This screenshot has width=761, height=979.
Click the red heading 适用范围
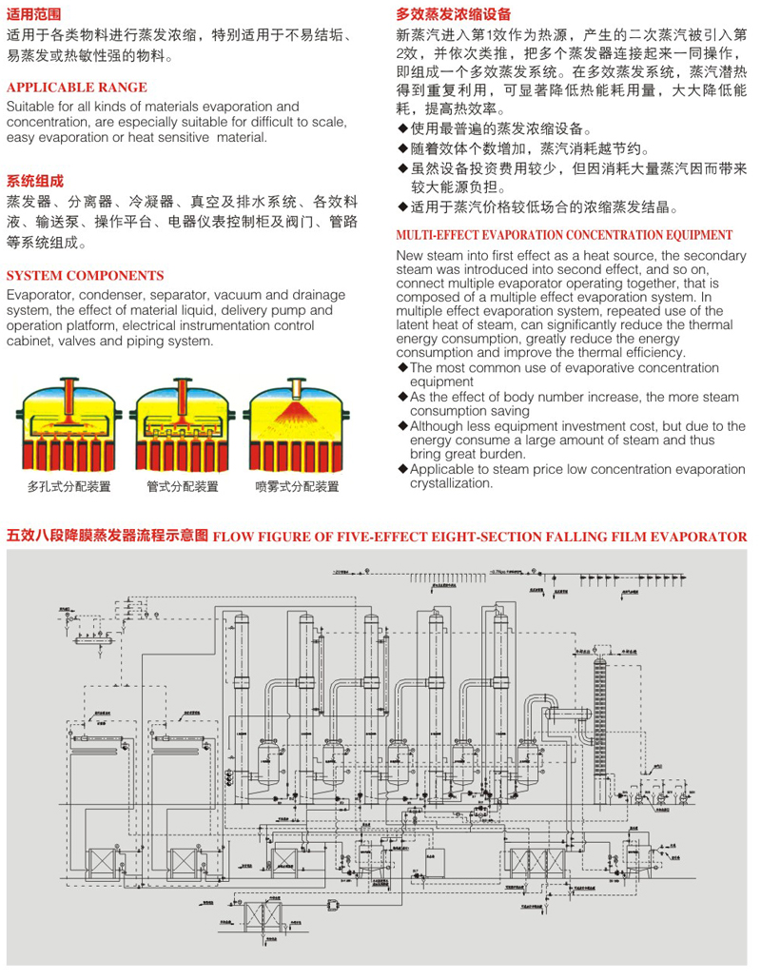[34, 14]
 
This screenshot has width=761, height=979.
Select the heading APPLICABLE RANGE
[76, 88]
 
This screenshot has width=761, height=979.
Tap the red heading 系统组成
[34, 180]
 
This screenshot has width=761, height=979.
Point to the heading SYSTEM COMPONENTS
[85, 276]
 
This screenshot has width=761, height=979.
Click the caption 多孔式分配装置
[68, 487]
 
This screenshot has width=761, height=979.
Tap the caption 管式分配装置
[182, 487]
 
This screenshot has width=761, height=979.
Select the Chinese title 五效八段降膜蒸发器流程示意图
[107, 536]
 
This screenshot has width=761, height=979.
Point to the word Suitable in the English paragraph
[30, 107]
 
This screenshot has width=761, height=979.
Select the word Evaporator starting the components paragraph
[38, 295]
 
